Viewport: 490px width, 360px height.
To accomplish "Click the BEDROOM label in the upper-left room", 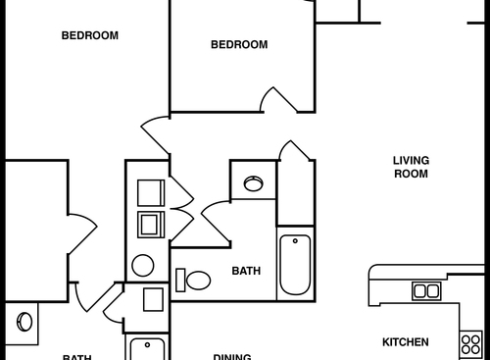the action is [89, 35].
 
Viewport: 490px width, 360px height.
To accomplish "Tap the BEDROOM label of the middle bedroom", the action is [239, 44].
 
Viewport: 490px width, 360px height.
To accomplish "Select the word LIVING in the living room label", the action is [412, 160].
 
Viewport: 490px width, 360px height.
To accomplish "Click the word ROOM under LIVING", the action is [412, 174].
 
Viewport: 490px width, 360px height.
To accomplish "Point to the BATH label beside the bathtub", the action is [246, 271].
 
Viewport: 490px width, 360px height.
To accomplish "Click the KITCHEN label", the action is [405, 342].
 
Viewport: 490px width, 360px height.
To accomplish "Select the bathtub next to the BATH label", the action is [296, 264].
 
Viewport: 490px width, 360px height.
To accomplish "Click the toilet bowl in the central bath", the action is [199, 281].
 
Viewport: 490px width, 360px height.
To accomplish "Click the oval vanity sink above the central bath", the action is [254, 182].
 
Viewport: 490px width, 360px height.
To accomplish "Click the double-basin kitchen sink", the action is [426, 290].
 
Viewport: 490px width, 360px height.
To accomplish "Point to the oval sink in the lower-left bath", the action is [24, 322].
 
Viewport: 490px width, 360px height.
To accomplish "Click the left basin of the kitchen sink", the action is [420, 290].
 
